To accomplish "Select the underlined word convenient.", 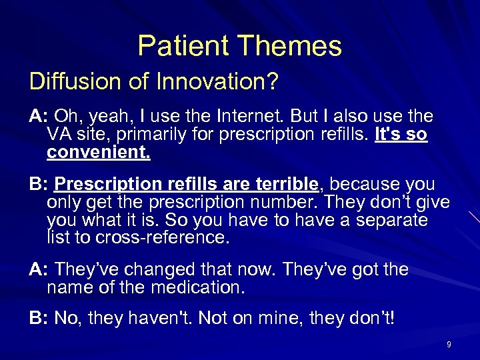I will [99, 154].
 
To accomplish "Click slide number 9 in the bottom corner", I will [449, 345].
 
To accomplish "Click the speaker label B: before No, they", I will [39, 319].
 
